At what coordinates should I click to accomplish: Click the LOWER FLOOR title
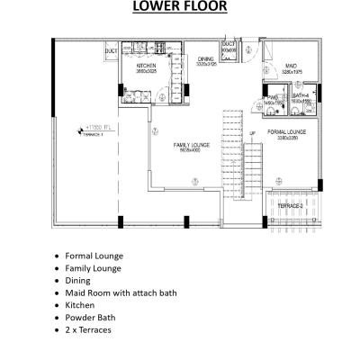[x=179, y=8]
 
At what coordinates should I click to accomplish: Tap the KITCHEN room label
[x=147, y=67]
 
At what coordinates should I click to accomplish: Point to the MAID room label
[x=291, y=66]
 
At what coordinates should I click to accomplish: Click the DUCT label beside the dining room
[x=229, y=44]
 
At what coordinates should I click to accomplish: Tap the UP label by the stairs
[x=252, y=134]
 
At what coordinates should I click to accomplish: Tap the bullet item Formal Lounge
[x=94, y=256]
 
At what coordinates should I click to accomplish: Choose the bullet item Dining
[x=78, y=280]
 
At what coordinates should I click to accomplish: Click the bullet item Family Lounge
[x=94, y=268]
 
